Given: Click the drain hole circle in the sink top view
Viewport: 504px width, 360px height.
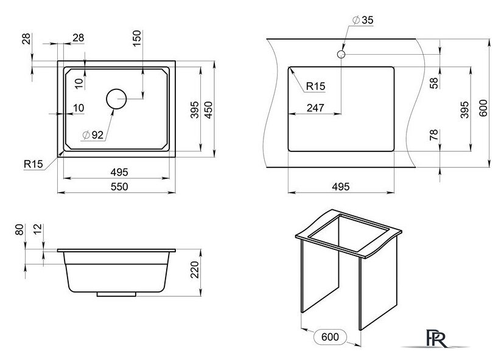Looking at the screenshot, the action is click(116, 89).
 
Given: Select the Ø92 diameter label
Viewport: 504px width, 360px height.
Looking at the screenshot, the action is click(93, 135).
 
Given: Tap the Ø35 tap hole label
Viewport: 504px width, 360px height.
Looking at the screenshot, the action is click(363, 20).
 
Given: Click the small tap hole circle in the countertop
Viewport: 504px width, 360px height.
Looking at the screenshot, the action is click(341, 50).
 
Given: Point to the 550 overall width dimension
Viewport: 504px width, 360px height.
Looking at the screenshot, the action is click(119, 186).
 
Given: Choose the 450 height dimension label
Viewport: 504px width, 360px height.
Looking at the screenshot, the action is click(209, 110).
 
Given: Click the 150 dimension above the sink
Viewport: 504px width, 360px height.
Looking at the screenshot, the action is click(137, 38).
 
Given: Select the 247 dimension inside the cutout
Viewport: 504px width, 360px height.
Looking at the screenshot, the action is click(315, 108).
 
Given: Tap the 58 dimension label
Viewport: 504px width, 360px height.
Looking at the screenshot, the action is click(434, 83).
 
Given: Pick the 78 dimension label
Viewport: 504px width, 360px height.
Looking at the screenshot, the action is click(434, 135).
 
